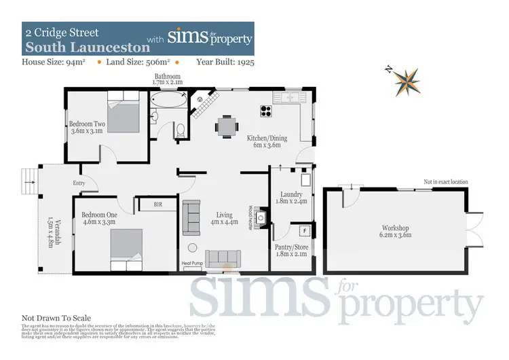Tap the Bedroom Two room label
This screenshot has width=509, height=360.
(x=87, y=128)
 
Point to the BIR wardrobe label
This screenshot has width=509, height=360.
(x=157, y=203)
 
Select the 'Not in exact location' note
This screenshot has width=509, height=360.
(x=446, y=182)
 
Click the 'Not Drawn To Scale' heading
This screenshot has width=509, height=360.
(x=56, y=318)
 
